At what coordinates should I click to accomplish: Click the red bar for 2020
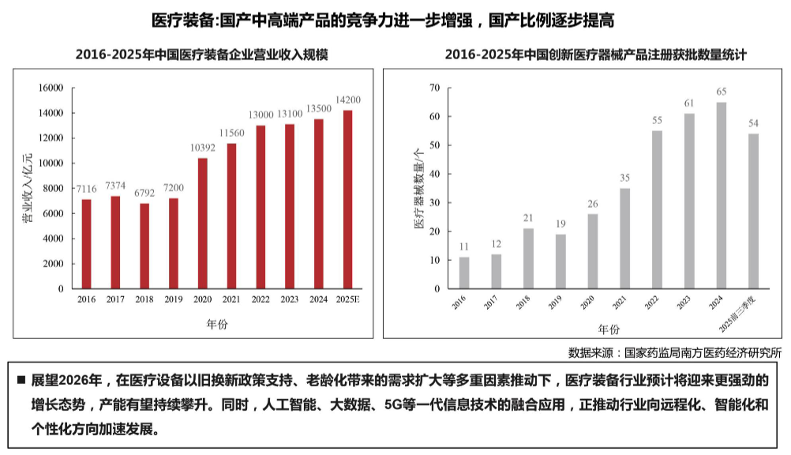click(203, 224)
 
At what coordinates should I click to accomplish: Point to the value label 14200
click(347, 100)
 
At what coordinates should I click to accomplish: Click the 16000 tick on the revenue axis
click(51, 88)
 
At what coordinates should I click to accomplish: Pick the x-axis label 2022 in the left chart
click(261, 299)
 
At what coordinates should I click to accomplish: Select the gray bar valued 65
click(722, 195)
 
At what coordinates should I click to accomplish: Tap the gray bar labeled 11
click(464, 273)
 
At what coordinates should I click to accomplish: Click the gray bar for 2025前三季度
click(754, 211)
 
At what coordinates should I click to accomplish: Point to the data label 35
click(624, 179)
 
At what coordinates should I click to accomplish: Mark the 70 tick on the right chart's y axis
click(434, 88)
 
